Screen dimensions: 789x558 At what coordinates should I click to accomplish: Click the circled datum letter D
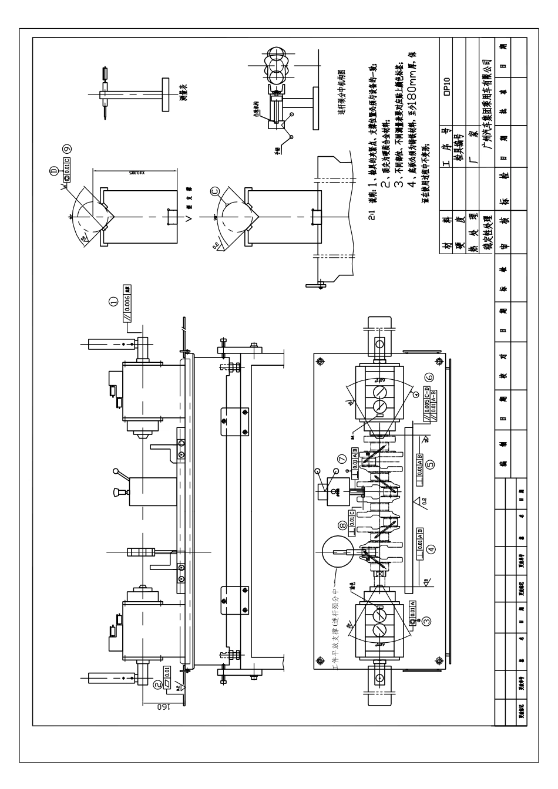[54, 171]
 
